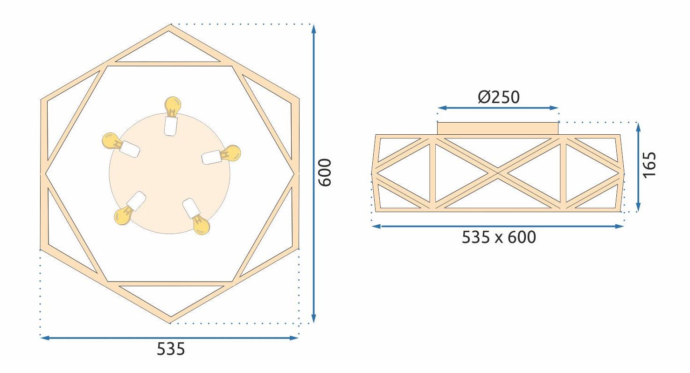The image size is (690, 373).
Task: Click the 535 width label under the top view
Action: click(x=170, y=349)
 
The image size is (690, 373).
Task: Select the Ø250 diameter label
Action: click(x=498, y=97)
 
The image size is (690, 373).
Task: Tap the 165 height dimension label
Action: click(x=649, y=164)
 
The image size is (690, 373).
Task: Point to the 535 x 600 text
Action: click(x=499, y=237)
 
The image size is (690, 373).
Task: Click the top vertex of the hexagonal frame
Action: click(x=170, y=27)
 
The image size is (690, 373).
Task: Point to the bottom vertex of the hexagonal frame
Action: click(x=170, y=321)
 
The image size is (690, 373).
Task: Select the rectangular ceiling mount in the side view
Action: click(x=498, y=128)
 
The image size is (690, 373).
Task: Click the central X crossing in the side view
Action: click(x=499, y=173)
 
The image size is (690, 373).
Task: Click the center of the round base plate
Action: click(x=170, y=173)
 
